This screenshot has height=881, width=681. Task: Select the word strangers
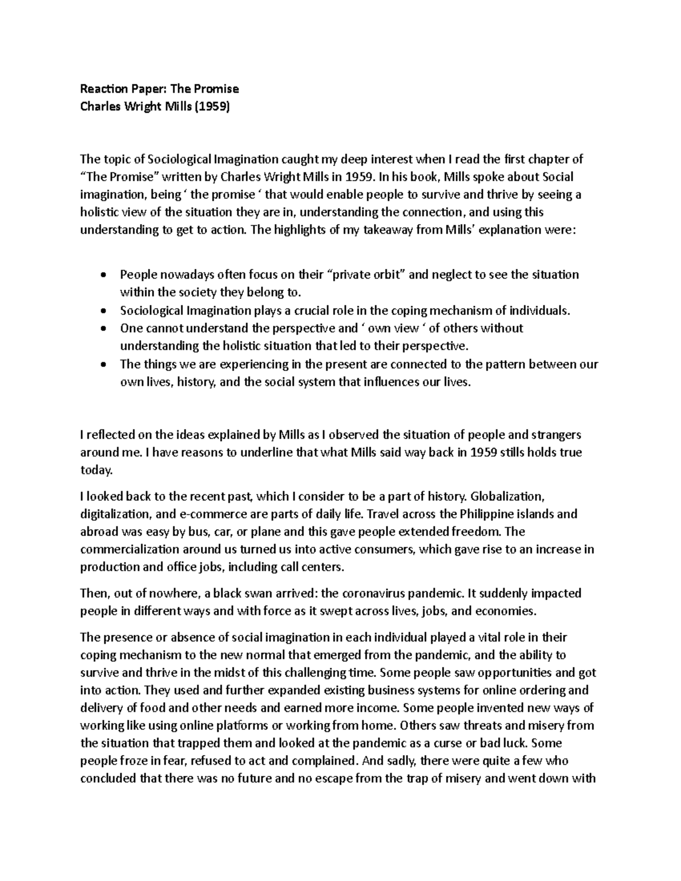(x=555, y=435)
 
